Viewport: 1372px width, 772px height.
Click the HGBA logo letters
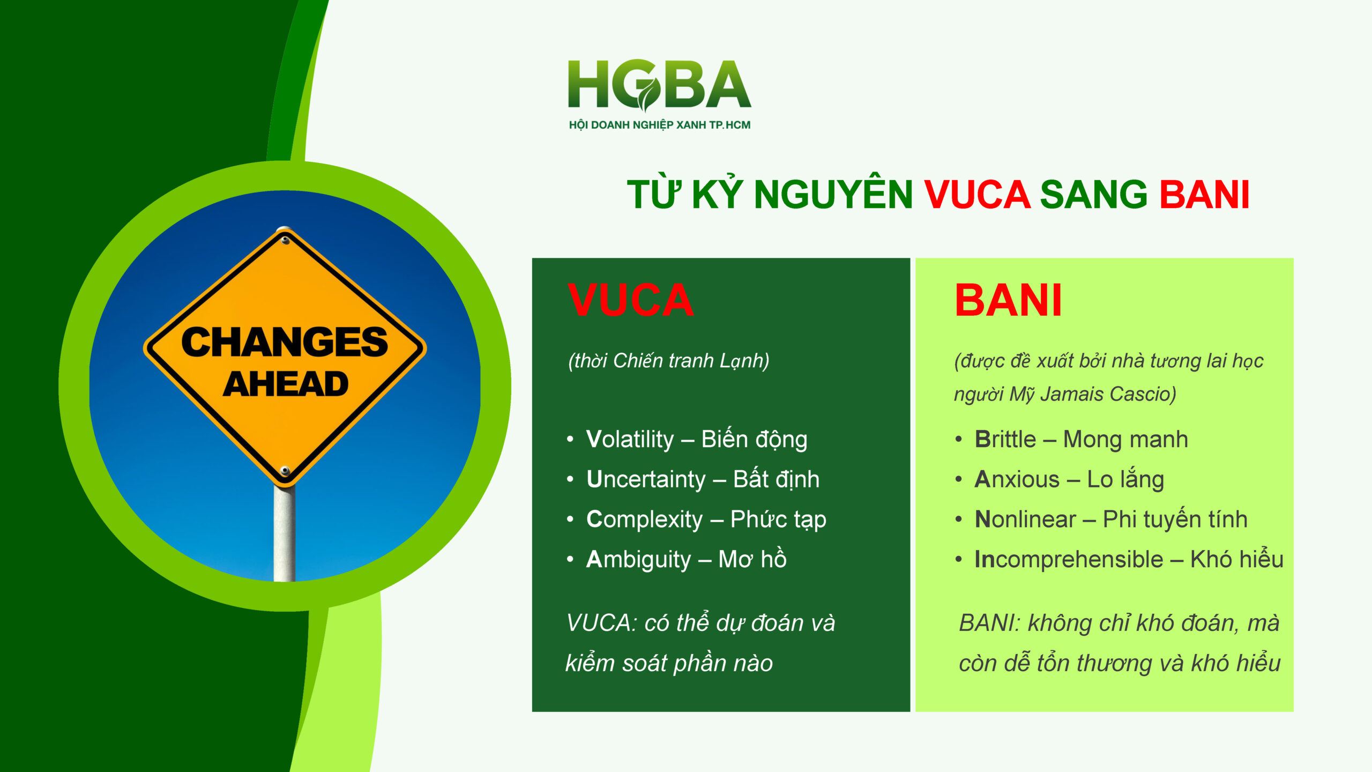tap(659, 84)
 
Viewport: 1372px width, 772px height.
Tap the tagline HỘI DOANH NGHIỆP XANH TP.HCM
tap(660, 125)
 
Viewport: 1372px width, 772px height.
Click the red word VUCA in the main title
tap(977, 194)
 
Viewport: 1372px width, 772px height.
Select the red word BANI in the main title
tap(1204, 194)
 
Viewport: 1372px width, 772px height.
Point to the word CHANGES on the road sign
tap(285, 342)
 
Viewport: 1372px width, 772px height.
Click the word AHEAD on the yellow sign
tap(286, 384)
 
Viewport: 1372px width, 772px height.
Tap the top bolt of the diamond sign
tap(285, 240)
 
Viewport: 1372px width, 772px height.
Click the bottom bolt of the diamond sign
tap(285, 471)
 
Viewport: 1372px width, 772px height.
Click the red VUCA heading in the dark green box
tap(631, 300)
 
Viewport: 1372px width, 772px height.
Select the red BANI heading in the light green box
tap(1008, 300)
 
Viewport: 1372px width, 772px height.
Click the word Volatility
tap(630, 440)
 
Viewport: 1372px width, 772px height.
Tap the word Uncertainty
tap(646, 479)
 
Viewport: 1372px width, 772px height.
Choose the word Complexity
tap(644, 519)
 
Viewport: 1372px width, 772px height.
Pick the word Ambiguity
tap(638, 560)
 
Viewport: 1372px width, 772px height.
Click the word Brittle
tap(1005, 439)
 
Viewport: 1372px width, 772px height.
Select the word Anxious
tap(1017, 479)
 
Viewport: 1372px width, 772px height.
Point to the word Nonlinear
tap(1025, 519)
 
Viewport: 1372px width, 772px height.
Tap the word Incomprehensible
tap(1069, 560)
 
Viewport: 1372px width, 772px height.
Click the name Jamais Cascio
tap(1108, 394)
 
